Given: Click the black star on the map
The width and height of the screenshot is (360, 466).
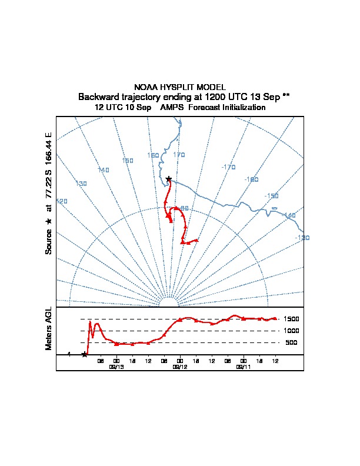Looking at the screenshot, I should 169,179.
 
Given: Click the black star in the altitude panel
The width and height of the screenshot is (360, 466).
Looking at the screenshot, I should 84,354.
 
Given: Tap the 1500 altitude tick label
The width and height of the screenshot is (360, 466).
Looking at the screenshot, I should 292,319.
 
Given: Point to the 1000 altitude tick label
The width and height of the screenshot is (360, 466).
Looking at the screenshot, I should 292,331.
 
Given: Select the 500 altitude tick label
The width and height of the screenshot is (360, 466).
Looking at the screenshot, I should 292,342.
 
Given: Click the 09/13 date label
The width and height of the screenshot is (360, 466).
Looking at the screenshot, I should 116,367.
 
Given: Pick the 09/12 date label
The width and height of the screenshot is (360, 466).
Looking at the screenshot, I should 180,367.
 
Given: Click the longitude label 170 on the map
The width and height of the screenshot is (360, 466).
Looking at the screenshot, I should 179,155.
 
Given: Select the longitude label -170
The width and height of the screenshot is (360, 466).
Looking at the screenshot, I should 228,167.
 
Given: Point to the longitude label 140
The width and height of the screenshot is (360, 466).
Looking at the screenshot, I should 104,170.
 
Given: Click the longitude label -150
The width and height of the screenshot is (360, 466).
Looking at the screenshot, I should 271,196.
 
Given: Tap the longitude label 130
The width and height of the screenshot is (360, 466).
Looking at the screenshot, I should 81,184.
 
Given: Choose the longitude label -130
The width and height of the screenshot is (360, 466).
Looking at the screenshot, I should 302,238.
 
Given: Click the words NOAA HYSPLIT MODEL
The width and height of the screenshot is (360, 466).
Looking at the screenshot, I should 180,87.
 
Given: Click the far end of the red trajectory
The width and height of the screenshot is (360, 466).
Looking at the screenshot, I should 196,241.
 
